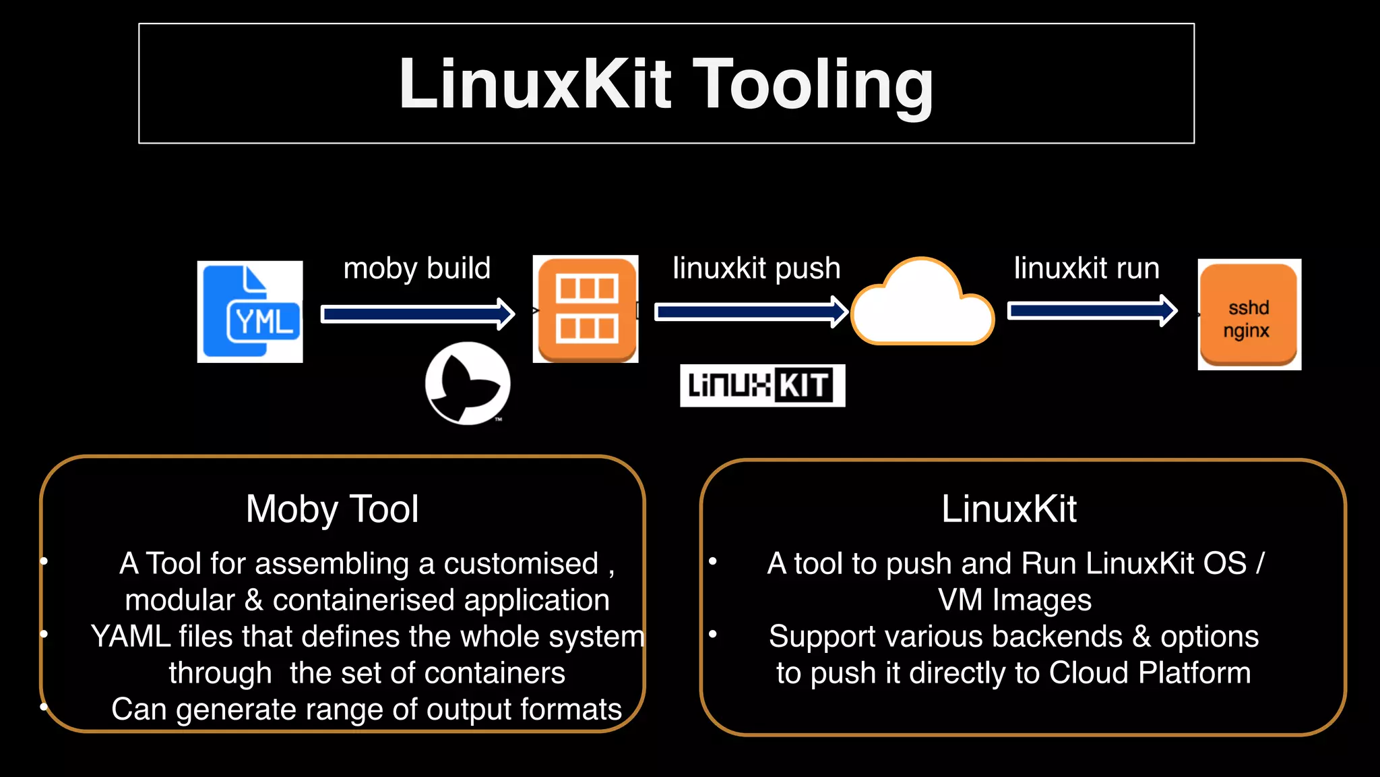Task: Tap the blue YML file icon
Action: click(x=250, y=312)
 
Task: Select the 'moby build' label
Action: click(x=417, y=268)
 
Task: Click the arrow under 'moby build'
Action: click(x=418, y=314)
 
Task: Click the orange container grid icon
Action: click(x=586, y=309)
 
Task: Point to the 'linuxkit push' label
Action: click(x=756, y=268)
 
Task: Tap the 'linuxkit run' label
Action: click(x=1086, y=268)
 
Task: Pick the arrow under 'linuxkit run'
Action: click(x=1092, y=311)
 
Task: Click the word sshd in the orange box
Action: click(x=1249, y=308)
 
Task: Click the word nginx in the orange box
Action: click(x=1247, y=331)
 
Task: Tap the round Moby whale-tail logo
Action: click(x=468, y=383)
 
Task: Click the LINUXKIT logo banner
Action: click(x=762, y=386)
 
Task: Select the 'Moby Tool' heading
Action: click(x=332, y=509)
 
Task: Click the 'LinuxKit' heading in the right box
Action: click(x=1009, y=509)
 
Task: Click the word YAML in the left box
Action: click(x=129, y=637)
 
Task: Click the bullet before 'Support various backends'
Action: click(x=713, y=633)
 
